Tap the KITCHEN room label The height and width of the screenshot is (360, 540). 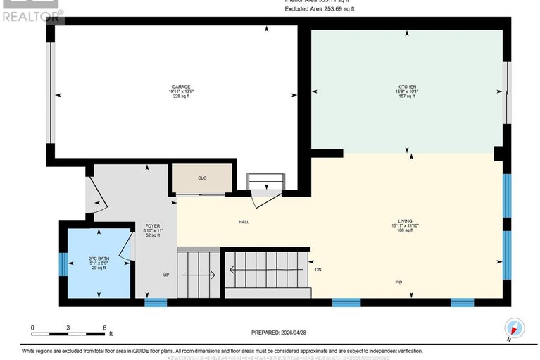(x=406, y=87)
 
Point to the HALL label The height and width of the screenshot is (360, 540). (x=244, y=222)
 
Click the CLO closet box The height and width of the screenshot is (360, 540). (x=202, y=178)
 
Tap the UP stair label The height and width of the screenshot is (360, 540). (x=166, y=275)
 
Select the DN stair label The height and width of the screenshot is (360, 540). (x=318, y=270)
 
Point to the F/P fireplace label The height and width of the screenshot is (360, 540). (x=398, y=282)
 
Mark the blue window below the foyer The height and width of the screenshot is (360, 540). (x=156, y=303)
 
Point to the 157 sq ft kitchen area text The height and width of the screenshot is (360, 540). (x=406, y=97)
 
